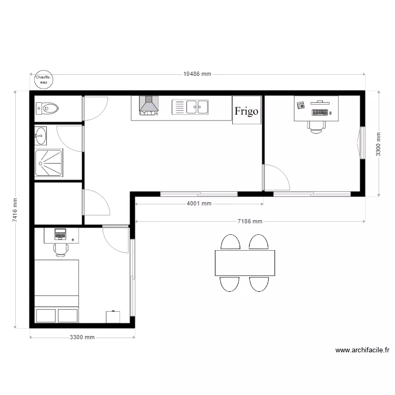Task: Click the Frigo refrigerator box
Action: click(x=246, y=111)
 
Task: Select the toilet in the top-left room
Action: click(x=47, y=109)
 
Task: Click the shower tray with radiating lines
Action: click(x=49, y=163)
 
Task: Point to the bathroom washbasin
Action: click(x=40, y=135)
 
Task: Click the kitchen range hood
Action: click(x=149, y=105)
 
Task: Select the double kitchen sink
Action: click(x=190, y=107)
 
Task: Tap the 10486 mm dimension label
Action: click(x=197, y=74)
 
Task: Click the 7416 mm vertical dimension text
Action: click(x=15, y=210)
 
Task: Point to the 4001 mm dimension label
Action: click(x=199, y=203)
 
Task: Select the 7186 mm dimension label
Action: click(x=250, y=222)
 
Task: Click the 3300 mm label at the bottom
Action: click(x=82, y=338)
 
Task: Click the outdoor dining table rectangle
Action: click(x=245, y=263)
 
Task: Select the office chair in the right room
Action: click(x=316, y=126)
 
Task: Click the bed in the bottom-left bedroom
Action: click(x=57, y=291)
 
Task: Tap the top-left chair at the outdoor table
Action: click(x=231, y=242)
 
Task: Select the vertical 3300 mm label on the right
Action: click(x=378, y=143)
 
